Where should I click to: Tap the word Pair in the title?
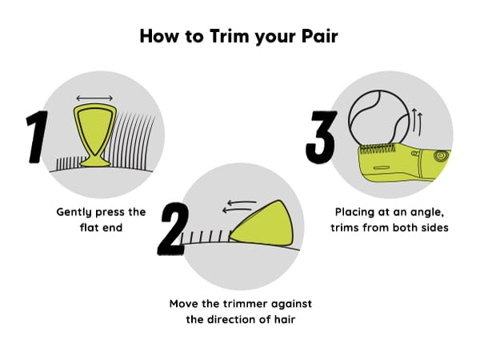[319, 36]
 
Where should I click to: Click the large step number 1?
[38, 137]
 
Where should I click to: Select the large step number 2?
[173, 229]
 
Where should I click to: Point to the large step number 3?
[321, 137]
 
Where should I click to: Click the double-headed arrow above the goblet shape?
[94, 98]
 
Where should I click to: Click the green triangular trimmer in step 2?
[262, 224]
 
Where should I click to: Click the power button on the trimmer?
[441, 156]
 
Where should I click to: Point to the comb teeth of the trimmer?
[378, 149]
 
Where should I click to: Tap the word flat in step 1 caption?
[89, 227]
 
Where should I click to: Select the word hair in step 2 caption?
[285, 319]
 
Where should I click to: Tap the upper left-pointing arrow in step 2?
[242, 202]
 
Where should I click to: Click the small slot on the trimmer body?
[382, 168]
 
